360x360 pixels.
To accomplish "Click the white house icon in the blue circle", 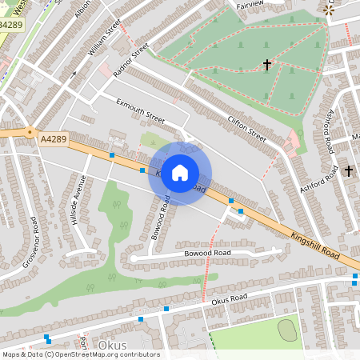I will tap(180, 173).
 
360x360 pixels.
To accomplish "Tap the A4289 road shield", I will tap(52, 138).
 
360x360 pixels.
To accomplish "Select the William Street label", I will tap(104, 38).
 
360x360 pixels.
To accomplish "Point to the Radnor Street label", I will tap(131, 60).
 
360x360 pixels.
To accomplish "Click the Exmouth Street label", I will tap(140, 110).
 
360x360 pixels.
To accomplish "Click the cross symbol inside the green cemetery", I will tap(266, 64).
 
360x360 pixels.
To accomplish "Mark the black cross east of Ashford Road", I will tap(348, 170).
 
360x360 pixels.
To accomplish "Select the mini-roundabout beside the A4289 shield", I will tap(30, 133).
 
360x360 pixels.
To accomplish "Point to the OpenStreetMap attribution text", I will tap(81, 354).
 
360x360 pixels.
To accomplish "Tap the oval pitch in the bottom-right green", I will tap(287, 328).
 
